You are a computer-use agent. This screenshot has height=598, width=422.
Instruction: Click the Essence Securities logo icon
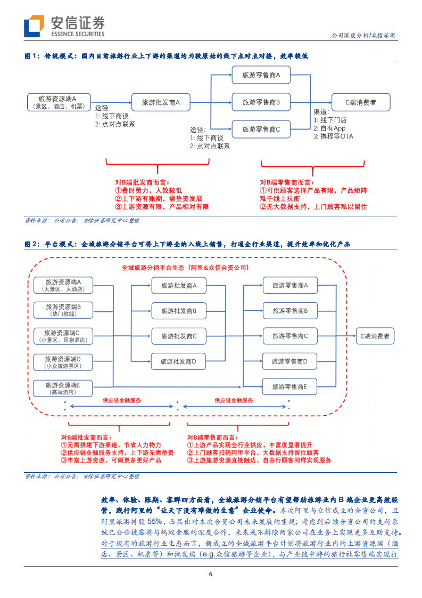point(34,26)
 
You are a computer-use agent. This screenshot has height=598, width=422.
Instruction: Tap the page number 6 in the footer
point(211,574)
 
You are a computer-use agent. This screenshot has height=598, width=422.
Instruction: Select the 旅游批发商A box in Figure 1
point(160,102)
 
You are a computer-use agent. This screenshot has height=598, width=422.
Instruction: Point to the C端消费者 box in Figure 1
point(360,102)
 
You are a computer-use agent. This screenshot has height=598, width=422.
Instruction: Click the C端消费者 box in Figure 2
point(375,336)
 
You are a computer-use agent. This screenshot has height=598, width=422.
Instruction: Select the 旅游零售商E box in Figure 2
point(289,386)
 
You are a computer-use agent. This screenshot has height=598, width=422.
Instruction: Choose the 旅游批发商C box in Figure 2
point(178,336)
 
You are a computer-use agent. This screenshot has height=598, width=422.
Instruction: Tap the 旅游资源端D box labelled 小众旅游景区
point(62,362)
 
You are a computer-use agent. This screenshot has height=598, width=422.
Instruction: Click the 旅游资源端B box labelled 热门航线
point(63,310)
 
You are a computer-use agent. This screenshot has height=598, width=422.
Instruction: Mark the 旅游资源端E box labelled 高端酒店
point(62,388)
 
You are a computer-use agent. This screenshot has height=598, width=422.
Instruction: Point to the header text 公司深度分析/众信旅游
point(363,35)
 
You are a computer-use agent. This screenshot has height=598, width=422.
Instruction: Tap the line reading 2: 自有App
point(329,128)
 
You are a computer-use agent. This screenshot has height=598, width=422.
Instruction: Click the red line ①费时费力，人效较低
point(148,190)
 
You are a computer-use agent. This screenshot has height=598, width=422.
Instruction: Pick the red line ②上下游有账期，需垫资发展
point(159,198)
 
